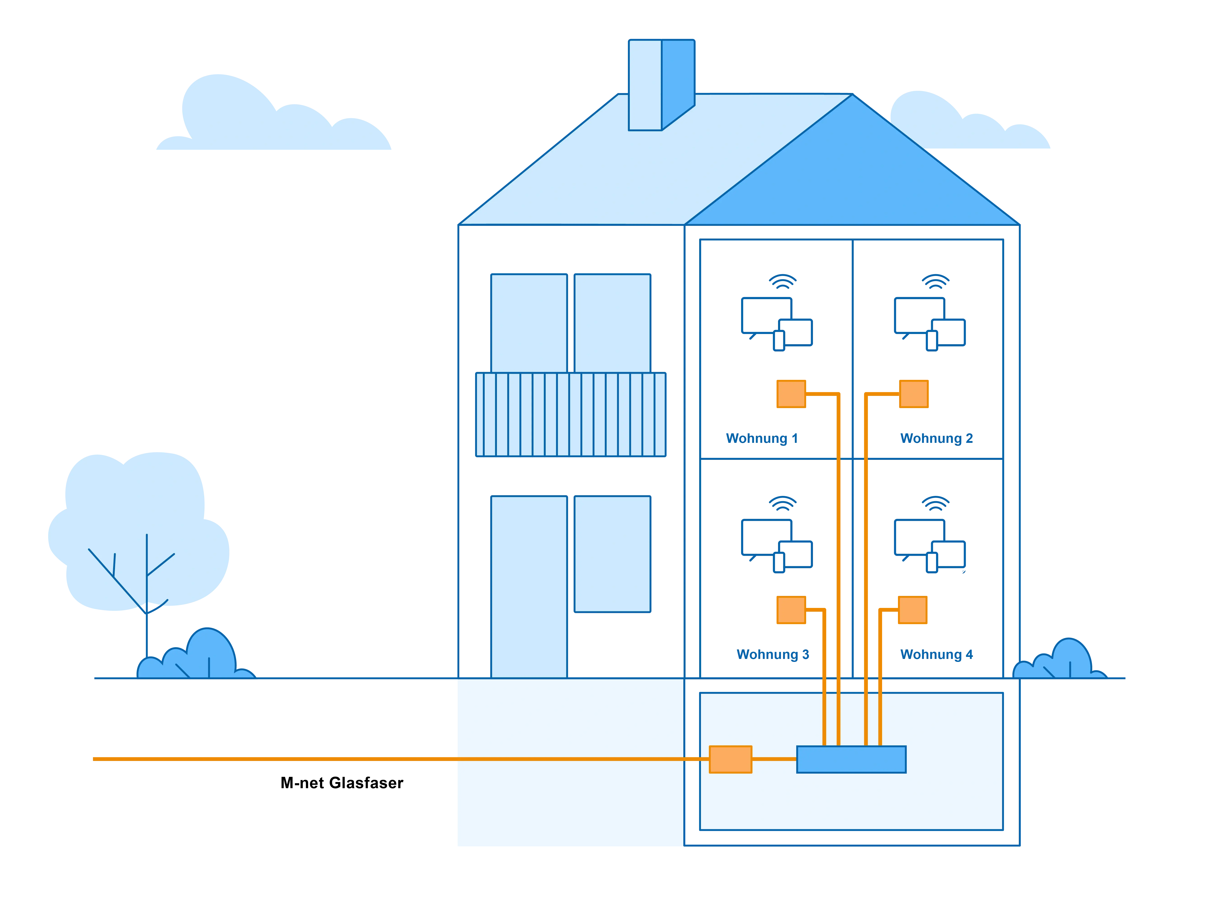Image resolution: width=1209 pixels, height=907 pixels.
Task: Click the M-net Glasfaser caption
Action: coord(342,783)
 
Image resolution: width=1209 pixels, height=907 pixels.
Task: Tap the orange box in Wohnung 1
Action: coord(791,394)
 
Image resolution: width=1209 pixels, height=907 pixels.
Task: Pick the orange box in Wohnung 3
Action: coord(791,610)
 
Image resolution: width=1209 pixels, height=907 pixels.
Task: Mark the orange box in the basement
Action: coord(730,759)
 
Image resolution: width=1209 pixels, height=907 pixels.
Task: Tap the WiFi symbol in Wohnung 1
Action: coord(783,282)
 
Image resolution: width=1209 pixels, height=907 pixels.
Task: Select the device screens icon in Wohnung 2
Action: coord(929,324)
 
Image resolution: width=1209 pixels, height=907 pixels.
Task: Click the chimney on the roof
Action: coord(661,85)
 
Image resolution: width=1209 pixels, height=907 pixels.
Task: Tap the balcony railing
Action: coord(571,414)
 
